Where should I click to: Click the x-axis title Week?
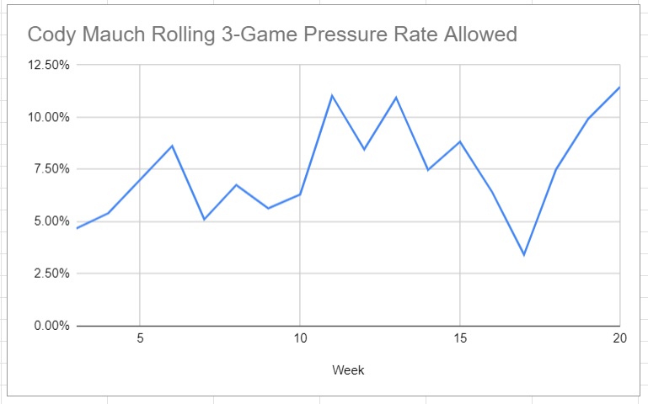348,370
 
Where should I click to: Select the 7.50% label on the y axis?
49,169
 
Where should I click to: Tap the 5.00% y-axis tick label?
49,221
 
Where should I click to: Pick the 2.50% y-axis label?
49,274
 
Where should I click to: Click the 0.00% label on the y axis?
49,326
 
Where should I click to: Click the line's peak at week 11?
332,95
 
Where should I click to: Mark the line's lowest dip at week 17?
524,255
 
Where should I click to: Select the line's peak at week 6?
172,146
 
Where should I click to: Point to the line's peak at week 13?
396,98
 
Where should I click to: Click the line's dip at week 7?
204,220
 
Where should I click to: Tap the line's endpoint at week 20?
619,88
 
